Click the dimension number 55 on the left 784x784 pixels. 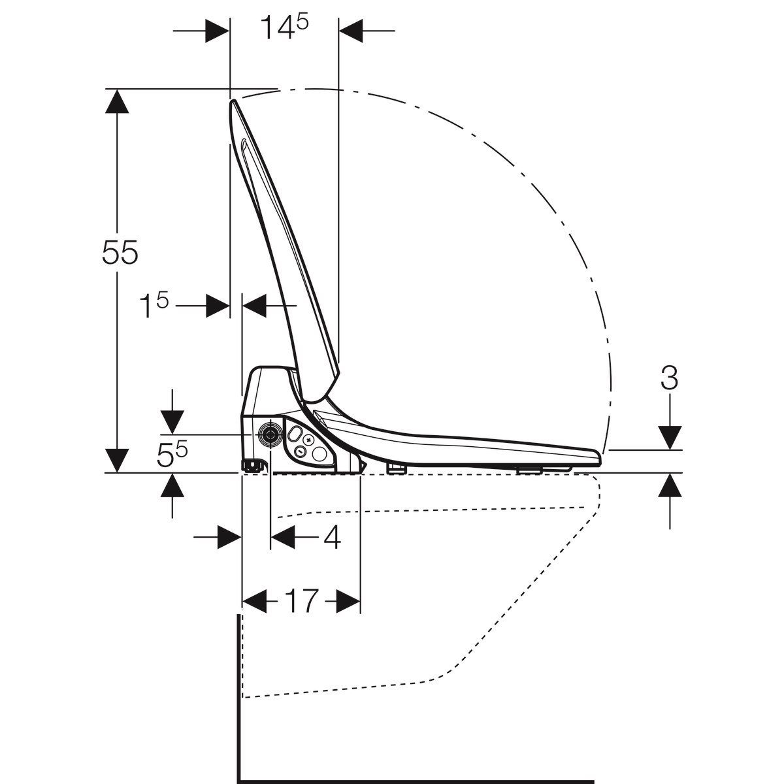(120, 252)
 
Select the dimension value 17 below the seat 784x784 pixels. (301, 600)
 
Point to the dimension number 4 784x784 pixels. (332, 537)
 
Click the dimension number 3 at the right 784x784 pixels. (669, 377)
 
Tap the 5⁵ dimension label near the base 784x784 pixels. (172, 455)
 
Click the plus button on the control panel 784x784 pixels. (309, 440)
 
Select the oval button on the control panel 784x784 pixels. (295, 434)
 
